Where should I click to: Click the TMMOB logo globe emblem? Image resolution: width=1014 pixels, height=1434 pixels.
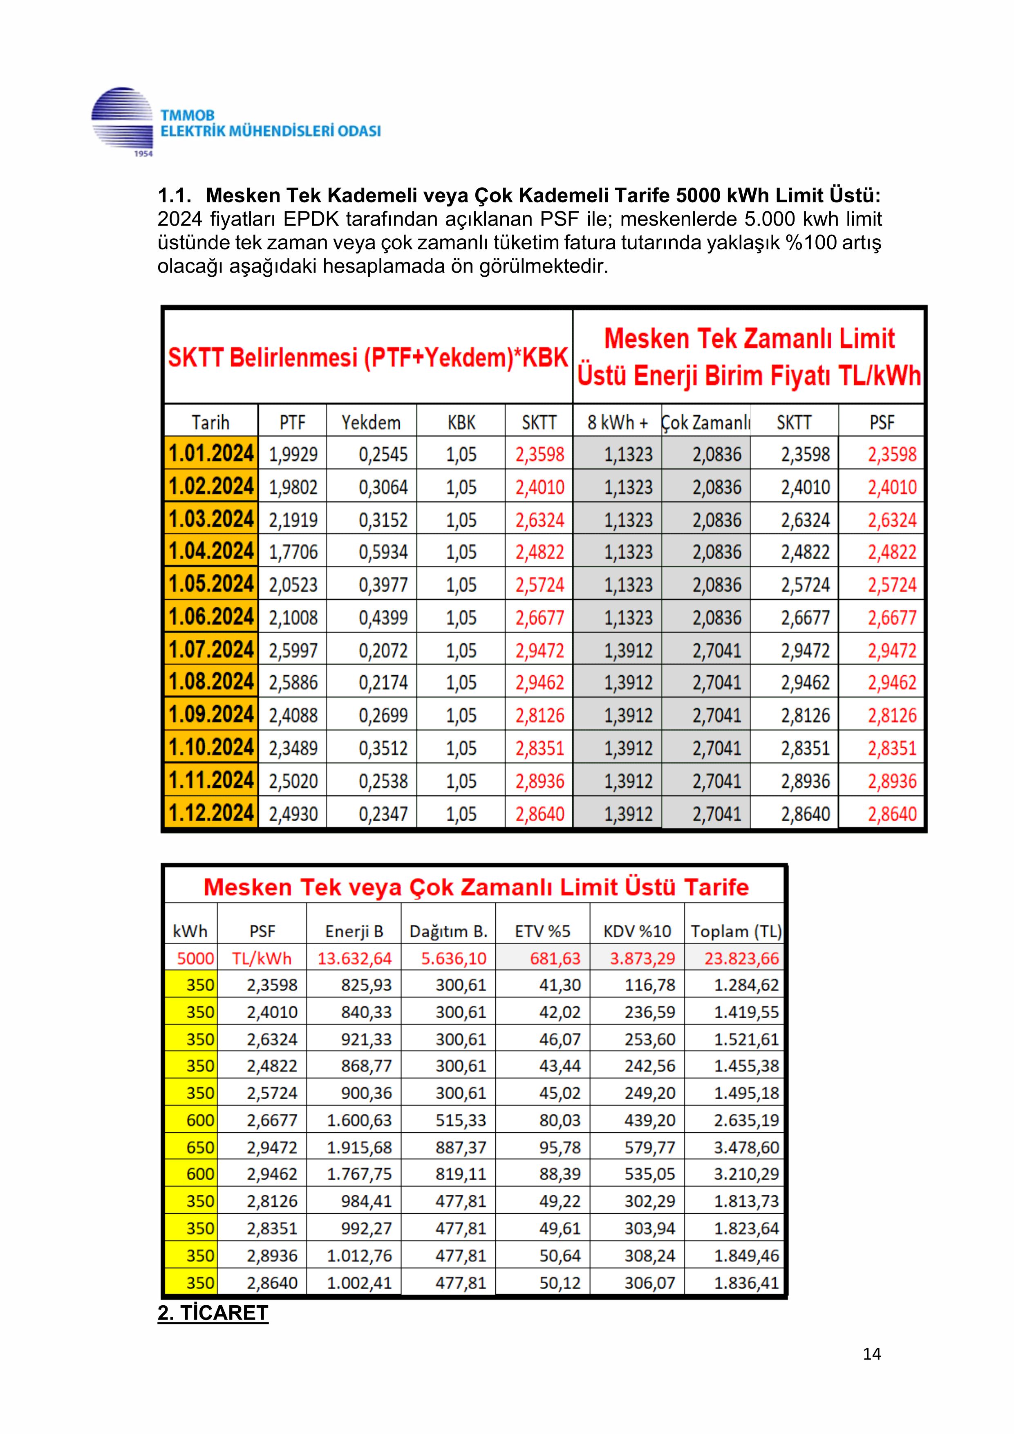click(x=122, y=119)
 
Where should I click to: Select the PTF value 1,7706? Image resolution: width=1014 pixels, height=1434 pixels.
click(x=293, y=552)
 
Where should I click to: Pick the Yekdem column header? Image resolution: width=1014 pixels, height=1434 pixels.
click(x=371, y=423)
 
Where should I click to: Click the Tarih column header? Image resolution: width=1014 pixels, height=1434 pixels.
click(x=210, y=423)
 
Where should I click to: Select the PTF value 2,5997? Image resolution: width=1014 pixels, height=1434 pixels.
click(x=293, y=651)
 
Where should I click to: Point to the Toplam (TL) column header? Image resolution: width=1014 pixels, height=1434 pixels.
click(x=736, y=931)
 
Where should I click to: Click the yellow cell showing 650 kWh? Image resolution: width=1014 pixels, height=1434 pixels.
click(x=191, y=1147)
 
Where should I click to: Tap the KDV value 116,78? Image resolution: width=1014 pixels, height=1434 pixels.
click(x=649, y=985)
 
